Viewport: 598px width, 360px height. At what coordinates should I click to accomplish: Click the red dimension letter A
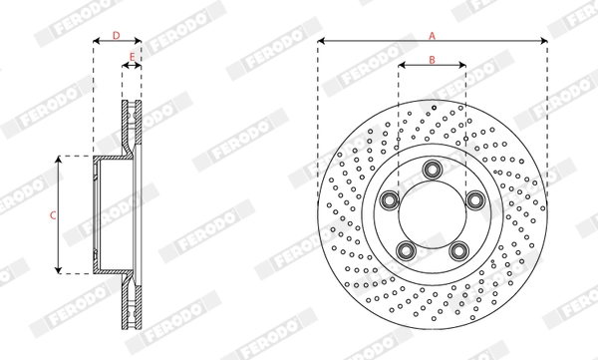click(x=432, y=36)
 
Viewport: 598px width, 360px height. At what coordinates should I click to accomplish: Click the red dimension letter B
click(x=432, y=60)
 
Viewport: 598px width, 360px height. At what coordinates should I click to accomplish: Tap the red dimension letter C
click(x=53, y=215)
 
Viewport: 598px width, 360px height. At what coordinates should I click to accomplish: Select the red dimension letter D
click(x=116, y=36)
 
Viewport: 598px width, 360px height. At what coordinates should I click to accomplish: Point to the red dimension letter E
click(x=132, y=57)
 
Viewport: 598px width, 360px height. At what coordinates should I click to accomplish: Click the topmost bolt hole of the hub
click(x=433, y=169)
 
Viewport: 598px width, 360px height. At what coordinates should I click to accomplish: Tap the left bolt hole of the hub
click(x=389, y=200)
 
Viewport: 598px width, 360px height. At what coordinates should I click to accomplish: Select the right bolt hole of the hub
click(x=475, y=200)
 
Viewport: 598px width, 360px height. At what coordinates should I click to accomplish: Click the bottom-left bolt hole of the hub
click(x=406, y=250)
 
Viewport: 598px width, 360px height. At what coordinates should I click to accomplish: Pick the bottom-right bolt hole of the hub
click(x=458, y=250)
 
